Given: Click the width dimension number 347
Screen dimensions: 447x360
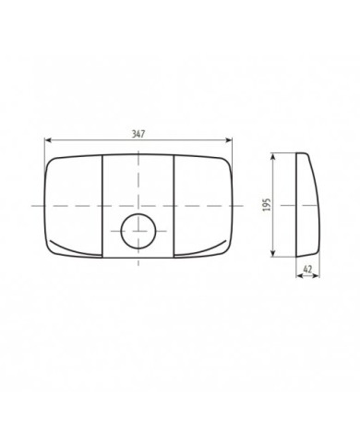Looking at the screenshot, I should [138, 134].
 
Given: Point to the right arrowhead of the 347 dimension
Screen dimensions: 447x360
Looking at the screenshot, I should [229, 141].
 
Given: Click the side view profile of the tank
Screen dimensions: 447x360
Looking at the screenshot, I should [304, 205].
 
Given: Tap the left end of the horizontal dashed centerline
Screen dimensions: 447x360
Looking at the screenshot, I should [30, 204].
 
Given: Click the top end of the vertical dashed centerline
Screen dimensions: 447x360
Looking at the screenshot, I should [138, 148].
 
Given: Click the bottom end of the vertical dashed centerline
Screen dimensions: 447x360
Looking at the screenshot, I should [138, 271].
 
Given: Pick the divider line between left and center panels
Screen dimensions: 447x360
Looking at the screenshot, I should [100, 203].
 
